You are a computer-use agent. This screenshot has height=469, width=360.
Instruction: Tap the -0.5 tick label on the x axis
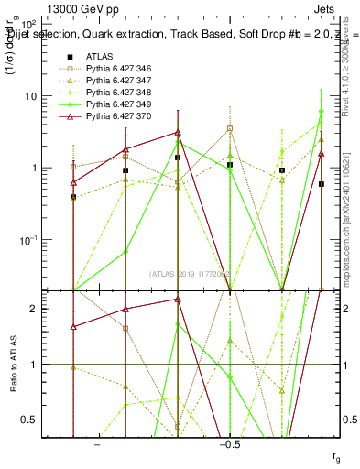point(229,445)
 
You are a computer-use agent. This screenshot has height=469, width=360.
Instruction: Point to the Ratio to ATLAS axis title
point(13,364)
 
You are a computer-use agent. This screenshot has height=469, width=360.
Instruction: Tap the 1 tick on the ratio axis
point(53,365)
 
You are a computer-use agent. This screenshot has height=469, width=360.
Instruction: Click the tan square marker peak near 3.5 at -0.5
point(230,128)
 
